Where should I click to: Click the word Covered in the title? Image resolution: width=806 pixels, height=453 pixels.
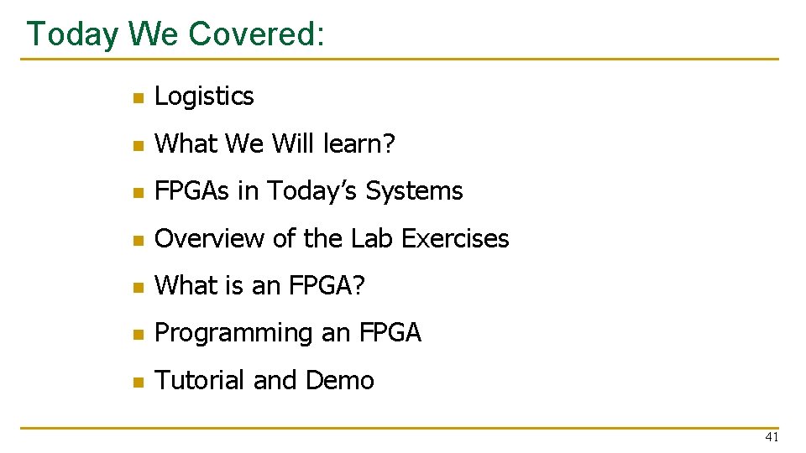(x=256, y=34)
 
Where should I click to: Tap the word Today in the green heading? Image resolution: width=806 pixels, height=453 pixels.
(x=72, y=35)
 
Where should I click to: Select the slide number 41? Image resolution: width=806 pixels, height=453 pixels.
(x=772, y=437)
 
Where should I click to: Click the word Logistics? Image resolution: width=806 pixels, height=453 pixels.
(x=204, y=96)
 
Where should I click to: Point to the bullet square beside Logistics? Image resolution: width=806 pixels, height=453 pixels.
(x=139, y=97)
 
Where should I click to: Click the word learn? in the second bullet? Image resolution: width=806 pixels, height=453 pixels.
(x=359, y=143)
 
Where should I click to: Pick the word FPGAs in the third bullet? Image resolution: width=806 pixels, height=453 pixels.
(x=191, y=190)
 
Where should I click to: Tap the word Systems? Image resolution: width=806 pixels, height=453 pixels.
(x=414, y=191)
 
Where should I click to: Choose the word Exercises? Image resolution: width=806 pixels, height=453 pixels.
(x=455, y=238)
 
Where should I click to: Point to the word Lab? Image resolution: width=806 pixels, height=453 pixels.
(x=372, y=238)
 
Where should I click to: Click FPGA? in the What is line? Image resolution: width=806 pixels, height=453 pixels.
(x=327, y=285)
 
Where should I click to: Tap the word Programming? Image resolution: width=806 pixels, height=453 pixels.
(x=233, y=333)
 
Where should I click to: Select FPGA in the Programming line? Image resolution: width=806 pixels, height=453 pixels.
(x=390, y=332)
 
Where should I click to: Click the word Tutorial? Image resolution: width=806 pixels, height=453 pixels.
(x=199, y=380)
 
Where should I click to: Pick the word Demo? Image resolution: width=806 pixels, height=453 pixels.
(x=339, y=380)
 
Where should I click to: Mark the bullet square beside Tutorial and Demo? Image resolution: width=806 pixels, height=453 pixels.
(x=139, y=383)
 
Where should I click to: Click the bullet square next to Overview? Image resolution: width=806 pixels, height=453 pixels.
(x=139, y=241)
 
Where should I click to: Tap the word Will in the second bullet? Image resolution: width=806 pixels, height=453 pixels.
(x=292, y=143)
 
